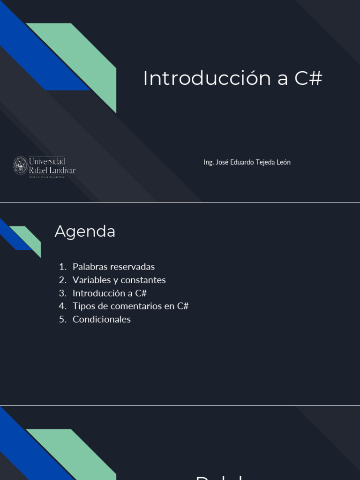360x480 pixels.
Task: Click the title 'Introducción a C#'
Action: (232, 78)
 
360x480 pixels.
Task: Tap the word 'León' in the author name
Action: (284, 162)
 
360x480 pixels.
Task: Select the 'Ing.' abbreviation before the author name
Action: (209, 162)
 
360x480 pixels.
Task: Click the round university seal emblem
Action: (21, 165)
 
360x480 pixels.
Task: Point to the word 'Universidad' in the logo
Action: (47, 161)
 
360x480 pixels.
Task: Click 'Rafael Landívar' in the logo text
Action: (52, 170)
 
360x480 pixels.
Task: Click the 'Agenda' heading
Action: (85, 231)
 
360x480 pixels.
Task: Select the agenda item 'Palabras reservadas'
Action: (113, 267)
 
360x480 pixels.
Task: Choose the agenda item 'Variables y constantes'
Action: (119, 280)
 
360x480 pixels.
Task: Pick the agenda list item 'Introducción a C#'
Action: (110, 293)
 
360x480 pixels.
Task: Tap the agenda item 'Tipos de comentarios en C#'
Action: (130, 306)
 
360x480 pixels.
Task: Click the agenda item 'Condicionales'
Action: (102, 319)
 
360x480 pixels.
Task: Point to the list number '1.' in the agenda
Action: (63, 267)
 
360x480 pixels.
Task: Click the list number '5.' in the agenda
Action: (63, 319)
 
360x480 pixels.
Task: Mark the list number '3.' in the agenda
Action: (63, 293)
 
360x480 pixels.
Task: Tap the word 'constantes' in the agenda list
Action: (145, 280)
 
